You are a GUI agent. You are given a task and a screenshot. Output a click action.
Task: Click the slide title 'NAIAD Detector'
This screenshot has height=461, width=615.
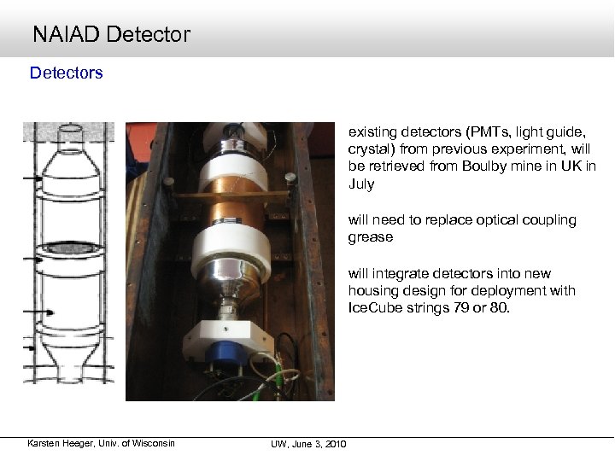click(111, 34)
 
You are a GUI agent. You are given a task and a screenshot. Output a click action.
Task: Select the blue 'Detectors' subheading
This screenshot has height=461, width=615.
click(66, 73)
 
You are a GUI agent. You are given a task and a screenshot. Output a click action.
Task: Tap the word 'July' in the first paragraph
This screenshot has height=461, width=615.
click(360, 184)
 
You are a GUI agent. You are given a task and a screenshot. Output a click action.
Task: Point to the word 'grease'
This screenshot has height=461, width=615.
click(370, 236)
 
